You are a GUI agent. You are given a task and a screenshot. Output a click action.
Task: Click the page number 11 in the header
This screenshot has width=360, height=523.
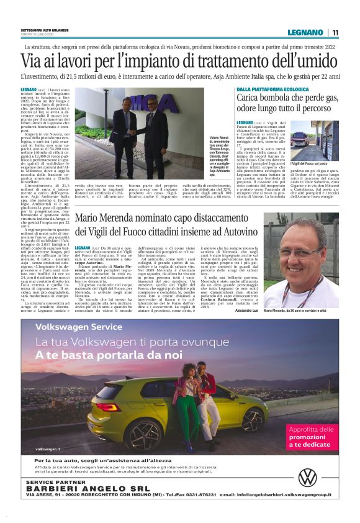tap(335, 32)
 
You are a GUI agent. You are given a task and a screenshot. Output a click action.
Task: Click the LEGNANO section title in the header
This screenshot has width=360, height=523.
tap(305, 32)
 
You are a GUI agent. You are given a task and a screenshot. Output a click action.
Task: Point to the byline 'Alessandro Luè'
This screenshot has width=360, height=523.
tap(247, 310)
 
